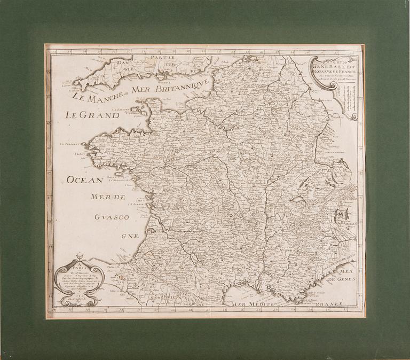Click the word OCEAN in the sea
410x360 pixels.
[x=86, y=181]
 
